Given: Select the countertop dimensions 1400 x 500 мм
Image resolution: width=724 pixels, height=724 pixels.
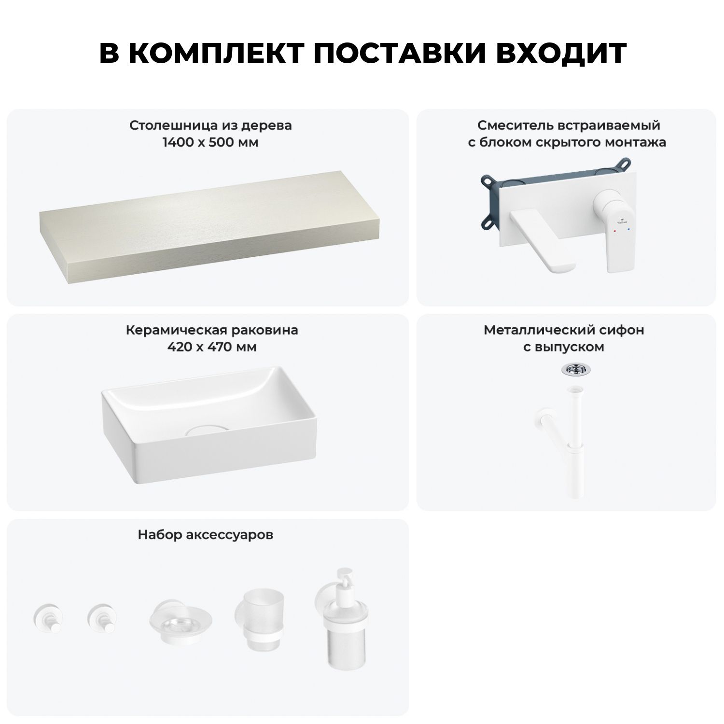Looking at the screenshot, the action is click(x=210, y=142).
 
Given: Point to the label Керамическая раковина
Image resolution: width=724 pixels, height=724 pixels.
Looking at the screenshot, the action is click(x=212, y=330).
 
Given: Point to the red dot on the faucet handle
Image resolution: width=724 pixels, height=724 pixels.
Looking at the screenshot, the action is click(x=614, y=231).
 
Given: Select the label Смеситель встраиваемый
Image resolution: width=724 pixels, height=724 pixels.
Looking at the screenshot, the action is click(x=569, y=125).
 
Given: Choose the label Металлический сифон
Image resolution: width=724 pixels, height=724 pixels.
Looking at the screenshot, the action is click(x=564, y=330).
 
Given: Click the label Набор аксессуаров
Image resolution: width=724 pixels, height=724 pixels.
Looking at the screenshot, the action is click(x=206, y=535).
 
